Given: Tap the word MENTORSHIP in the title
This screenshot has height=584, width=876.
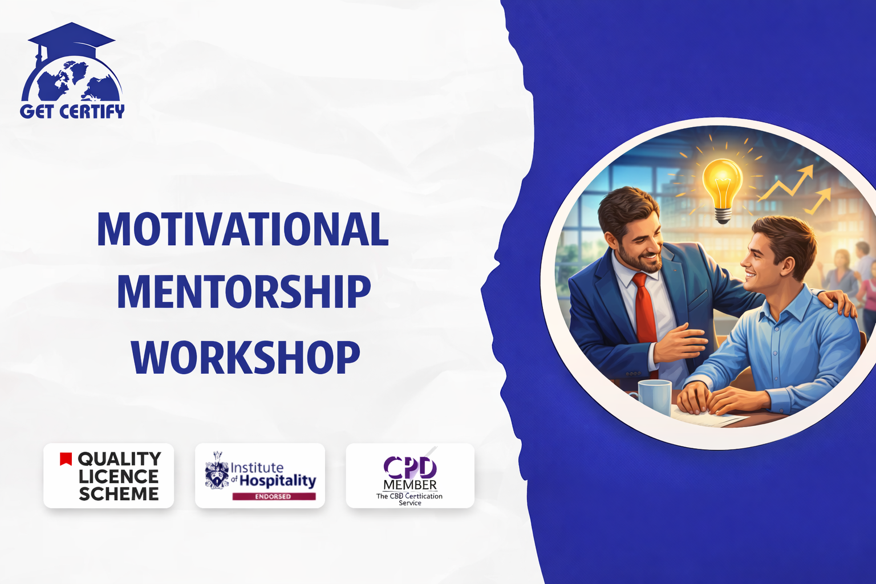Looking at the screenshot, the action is tap(244, 292).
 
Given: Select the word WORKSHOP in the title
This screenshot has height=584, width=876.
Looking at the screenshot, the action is tap(245, 357).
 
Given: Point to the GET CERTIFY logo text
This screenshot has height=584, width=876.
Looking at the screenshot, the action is tap(72, 111).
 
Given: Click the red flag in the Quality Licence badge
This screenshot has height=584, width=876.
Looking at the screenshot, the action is tap(66, 459).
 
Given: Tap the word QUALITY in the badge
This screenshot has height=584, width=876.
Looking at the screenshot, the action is tap(119, 459).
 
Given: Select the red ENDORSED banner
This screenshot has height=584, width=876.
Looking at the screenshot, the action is tap(274, 496).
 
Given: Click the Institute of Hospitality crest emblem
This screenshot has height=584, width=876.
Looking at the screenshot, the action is tap(217, 471).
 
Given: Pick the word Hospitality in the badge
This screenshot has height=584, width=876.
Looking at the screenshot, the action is tap(278, 481).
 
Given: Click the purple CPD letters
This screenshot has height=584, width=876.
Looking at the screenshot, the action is tap(410, 467).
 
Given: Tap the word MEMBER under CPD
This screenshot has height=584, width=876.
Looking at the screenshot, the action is tap(410, 485).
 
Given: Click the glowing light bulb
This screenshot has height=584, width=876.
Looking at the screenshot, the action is tap(723, 191).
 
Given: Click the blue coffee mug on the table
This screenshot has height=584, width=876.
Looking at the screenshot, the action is tap(654, 396).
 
